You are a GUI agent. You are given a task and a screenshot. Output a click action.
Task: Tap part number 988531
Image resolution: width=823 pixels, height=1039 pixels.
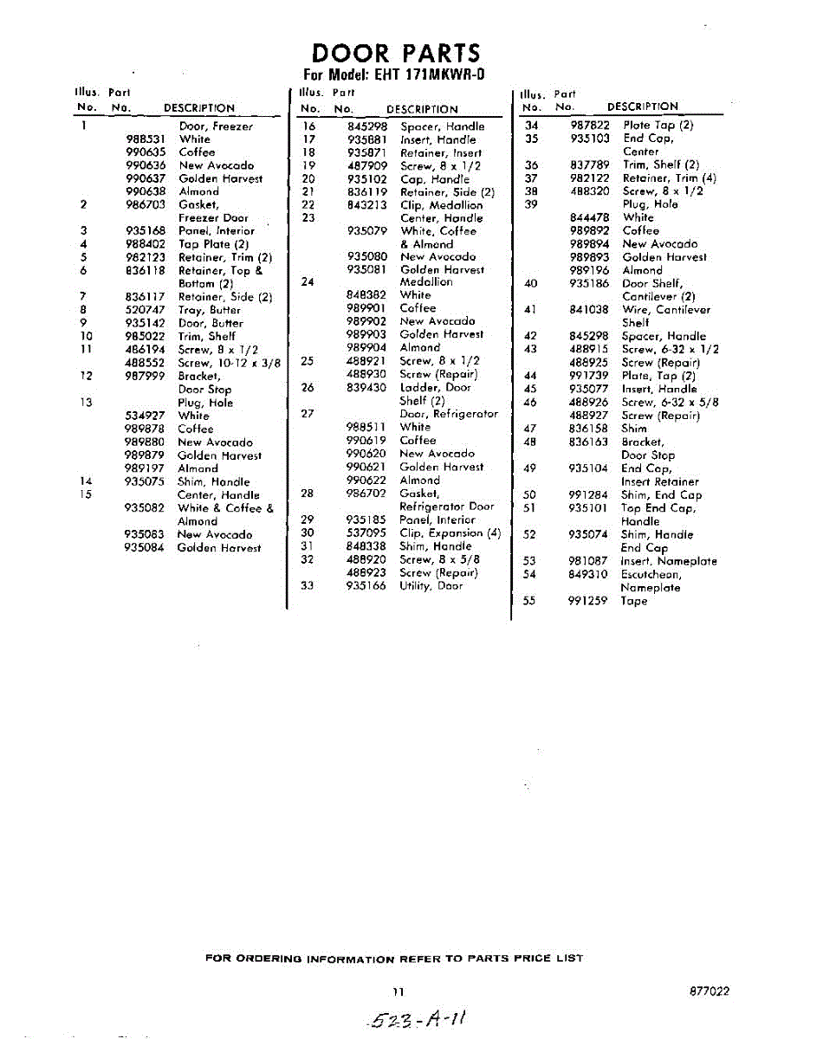146,139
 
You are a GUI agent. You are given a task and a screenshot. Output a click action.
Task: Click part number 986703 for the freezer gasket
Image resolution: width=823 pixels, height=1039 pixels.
146,204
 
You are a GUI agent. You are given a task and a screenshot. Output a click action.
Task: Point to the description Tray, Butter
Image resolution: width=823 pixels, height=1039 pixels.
209,310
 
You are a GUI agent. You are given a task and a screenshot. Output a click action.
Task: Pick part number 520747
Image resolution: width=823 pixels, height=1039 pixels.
146,310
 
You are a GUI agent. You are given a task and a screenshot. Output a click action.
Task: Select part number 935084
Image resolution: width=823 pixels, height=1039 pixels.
146,548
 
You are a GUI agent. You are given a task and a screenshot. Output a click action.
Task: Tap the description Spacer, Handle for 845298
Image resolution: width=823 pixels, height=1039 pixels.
442,126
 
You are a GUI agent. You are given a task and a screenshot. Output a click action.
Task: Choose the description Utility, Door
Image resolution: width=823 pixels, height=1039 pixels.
431,586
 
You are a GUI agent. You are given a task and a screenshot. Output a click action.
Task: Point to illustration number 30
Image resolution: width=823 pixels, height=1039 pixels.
306,533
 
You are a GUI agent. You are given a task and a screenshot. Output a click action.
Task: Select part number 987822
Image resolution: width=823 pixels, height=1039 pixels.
590,126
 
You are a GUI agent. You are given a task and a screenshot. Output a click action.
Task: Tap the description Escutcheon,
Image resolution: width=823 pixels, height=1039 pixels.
651,574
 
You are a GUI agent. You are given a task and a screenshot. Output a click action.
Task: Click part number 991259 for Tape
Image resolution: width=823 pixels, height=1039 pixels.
588,601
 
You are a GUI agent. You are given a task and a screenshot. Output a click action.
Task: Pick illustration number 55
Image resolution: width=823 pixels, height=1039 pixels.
530,601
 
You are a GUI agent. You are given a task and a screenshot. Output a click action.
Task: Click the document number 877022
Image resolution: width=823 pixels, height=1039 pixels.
710,991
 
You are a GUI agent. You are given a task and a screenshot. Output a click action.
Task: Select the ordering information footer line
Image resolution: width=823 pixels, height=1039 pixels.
394,958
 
